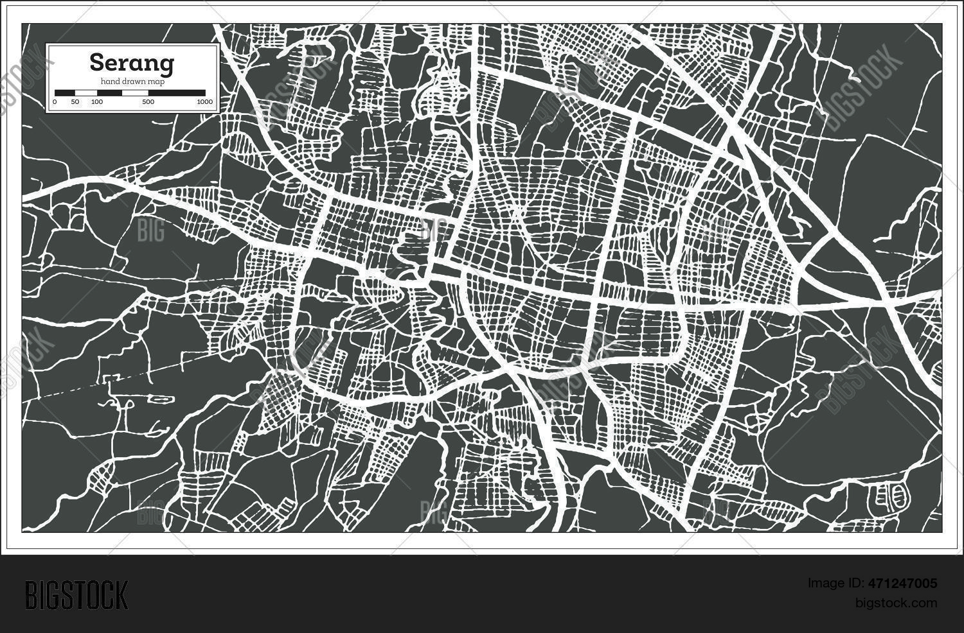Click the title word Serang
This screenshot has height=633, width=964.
pos(131,63)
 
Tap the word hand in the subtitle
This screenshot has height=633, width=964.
pos(109,81)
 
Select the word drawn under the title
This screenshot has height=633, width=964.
pos(132,81)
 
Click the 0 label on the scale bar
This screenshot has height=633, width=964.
pos(55,102)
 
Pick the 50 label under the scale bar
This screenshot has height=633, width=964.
pos(75,102)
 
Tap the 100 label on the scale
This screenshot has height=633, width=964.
pos(97,102)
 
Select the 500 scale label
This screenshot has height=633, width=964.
pos(148,102)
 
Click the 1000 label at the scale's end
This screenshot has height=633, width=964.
pos(204,102)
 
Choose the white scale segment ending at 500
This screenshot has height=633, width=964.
pos(134,93)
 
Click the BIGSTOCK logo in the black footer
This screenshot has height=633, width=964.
pos(76,594)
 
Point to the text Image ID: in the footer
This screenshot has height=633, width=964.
pos(831,584)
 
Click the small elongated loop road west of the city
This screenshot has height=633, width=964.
pos(161,399)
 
